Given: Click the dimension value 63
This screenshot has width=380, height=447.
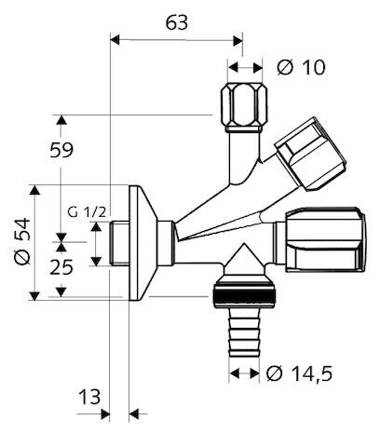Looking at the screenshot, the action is [177, 22].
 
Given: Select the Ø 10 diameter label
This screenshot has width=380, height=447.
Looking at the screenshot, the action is [301, 67].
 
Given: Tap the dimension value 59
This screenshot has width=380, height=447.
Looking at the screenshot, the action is [61, 150].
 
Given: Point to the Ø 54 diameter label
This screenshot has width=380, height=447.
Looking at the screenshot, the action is [22, 241].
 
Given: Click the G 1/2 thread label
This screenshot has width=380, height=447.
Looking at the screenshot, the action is [87, 212].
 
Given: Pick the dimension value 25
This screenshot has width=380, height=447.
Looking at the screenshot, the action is [61, 267].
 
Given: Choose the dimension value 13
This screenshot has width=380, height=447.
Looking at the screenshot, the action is [89, 397].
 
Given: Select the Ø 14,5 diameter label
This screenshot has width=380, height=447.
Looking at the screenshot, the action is [299, 373].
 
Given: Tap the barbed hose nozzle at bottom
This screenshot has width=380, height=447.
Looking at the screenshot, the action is [244, 332].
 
